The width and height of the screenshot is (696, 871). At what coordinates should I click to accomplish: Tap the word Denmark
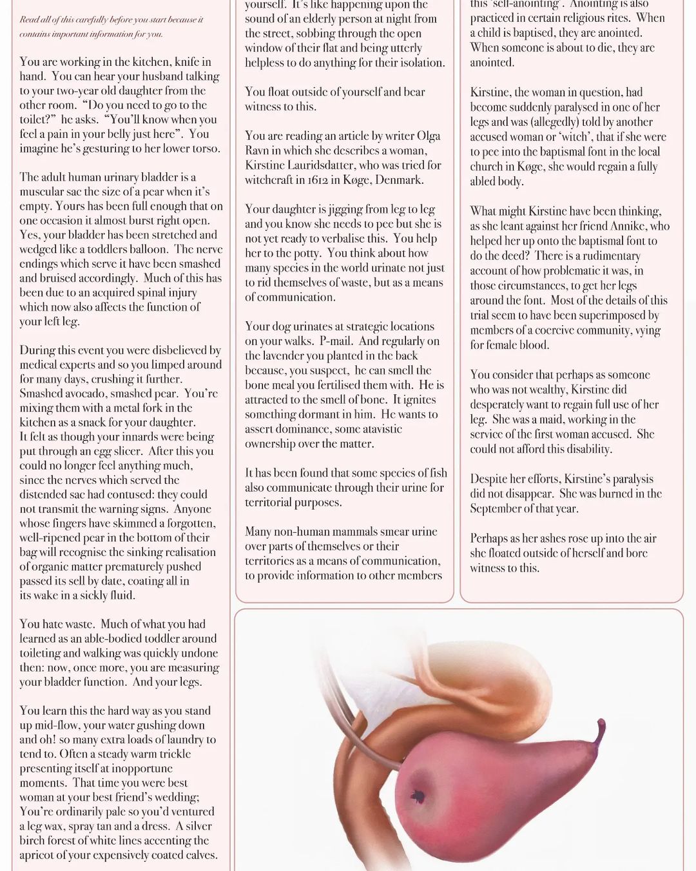(x=403, y=180)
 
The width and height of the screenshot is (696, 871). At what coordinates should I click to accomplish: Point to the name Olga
(x=427, y=136)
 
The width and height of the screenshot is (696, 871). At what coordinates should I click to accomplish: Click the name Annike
(x=650, y=226)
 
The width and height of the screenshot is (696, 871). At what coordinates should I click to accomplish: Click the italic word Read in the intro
(x=30, y=19)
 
